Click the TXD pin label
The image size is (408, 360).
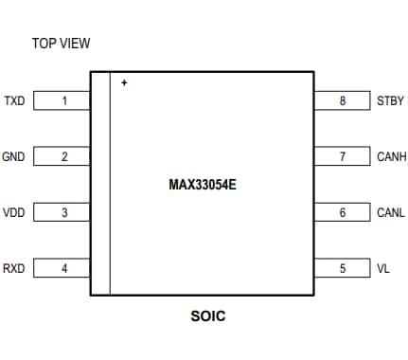[x=14, y=100]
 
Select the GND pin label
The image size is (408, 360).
[x=14, y=156]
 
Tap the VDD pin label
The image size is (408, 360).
[x=14, y=212]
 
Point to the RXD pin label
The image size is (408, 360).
[x=14, y=268]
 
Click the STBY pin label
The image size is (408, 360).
[x=390, y=100]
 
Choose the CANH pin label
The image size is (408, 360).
[x=391, y=156]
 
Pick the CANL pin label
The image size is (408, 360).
[x=390, y=212]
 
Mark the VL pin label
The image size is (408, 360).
[x=383, y=268]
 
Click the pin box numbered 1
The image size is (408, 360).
[x=62, y=100]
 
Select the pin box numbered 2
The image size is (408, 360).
[x=62, y=156]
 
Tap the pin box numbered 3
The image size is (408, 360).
[x=62, y=212]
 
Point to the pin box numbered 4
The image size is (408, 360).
[x=62, y=268]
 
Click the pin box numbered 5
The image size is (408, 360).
[x=342, y=268]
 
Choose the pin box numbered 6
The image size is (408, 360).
[x=342, y=212]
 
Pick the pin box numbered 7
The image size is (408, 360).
[x=342, y=156]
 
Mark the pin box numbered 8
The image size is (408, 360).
[x=342, y=100]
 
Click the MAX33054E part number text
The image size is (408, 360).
[x=202, y=185]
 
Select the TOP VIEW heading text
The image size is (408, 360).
[x=61, y=44]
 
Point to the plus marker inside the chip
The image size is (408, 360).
[x=124, y=83]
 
